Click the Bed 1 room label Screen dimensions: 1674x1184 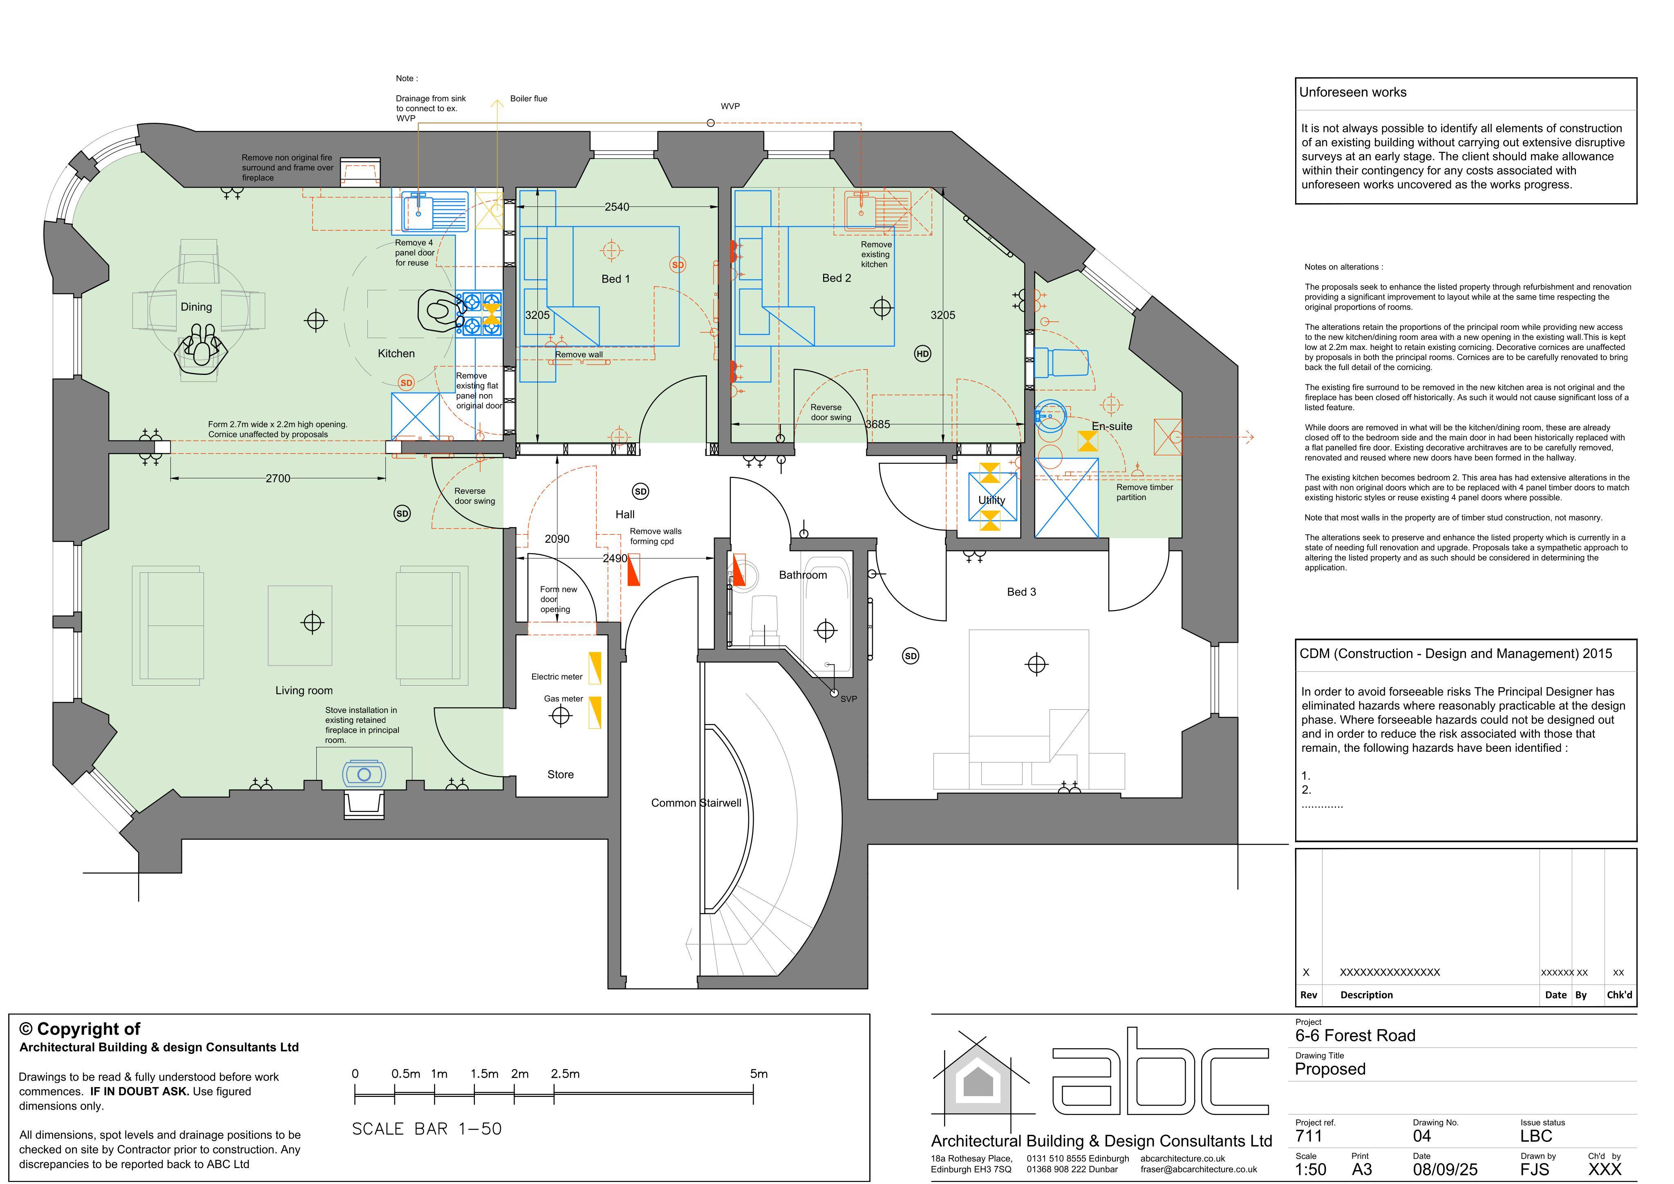tap(615, 279)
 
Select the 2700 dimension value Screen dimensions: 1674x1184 tap(278, 479)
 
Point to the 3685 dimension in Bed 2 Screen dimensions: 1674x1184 tap(878, 424)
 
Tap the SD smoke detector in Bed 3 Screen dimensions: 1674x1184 tap(911, 656)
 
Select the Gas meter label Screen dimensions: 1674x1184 tap(564, 699)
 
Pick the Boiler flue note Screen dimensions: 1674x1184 tap(528, 99)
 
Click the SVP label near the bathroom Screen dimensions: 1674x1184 tap(849, 699)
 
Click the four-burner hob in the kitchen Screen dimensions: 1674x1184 tap(480, 314)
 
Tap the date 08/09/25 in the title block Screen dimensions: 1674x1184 tap(1445, 1169)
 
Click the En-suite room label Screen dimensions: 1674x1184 tap(1112, 426)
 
